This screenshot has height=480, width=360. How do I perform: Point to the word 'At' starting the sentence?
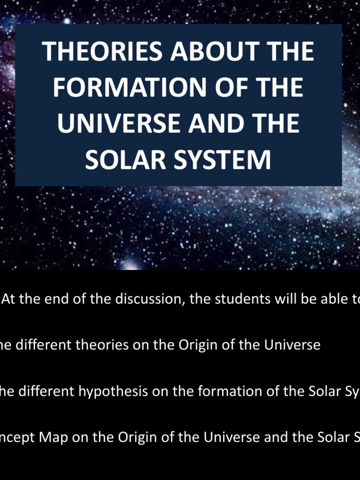(9, 299)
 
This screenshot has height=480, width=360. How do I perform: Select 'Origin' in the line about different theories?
(195, 345)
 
